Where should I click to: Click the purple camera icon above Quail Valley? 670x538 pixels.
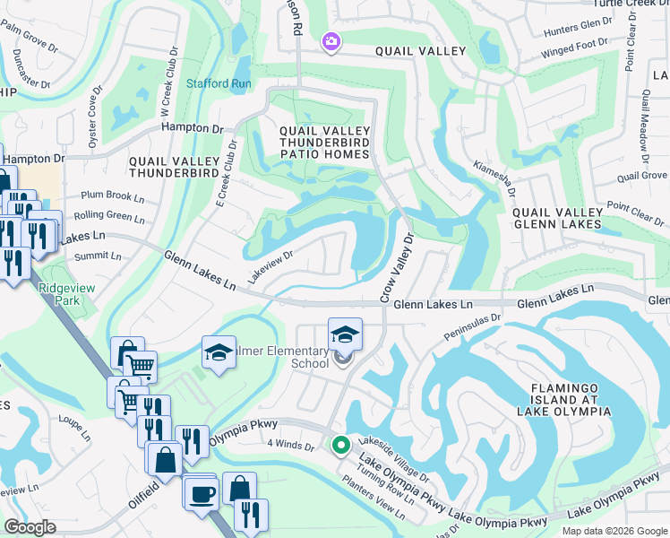point(331,41)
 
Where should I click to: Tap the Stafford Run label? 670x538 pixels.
point(218,83)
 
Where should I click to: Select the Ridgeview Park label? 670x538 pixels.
point(60,295)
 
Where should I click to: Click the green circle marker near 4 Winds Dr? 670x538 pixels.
point(340,444)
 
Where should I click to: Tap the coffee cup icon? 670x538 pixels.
point(201,492)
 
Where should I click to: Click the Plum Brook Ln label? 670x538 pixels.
point(112,195)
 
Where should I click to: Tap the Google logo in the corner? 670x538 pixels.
point(30,527)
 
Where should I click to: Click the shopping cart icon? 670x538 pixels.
point(140,364)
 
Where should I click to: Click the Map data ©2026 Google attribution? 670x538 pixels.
point(614,531)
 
